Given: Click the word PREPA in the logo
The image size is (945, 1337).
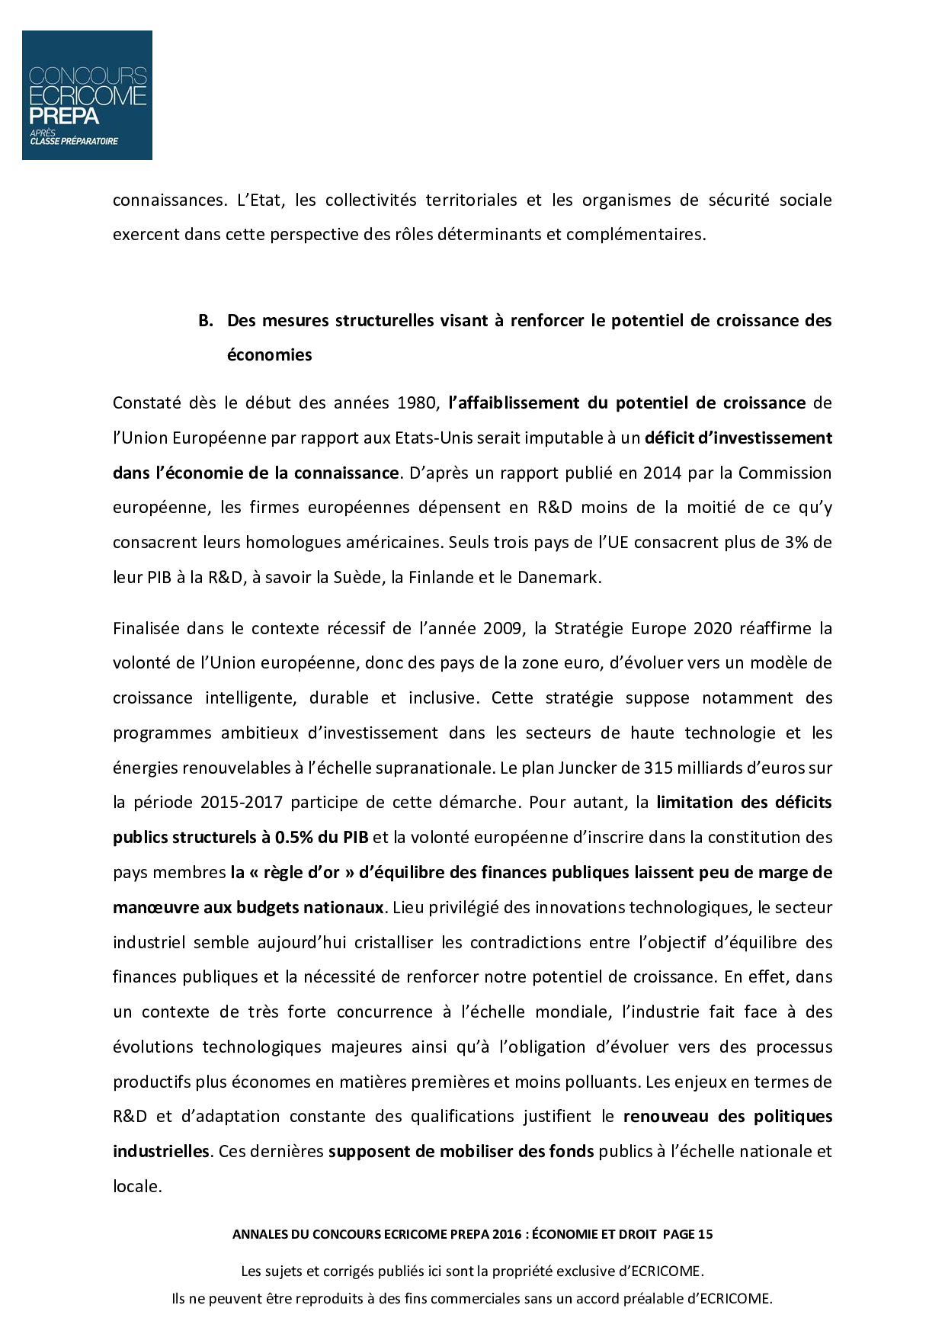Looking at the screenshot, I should point(64,116).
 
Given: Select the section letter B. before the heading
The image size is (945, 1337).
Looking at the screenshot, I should point(204,320).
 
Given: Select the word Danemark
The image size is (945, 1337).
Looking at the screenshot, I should point(559,577).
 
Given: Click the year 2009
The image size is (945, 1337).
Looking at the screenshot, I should point(503,628).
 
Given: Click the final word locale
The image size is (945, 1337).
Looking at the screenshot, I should point(137,1186).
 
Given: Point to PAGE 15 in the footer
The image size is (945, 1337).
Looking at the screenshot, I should point(688,1234).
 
